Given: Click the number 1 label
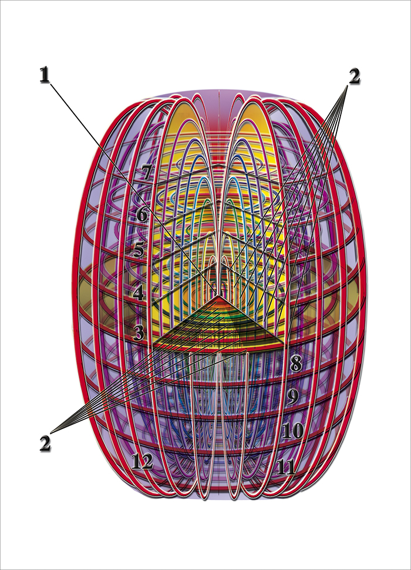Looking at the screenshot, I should pos(43,76).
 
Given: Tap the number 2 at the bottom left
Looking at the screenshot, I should pos(45,442).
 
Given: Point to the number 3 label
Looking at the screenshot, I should pos(139,333).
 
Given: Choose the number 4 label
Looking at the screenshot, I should pos(139,292).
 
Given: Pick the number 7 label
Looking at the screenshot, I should pos(147,172).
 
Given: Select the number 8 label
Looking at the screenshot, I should pos(295,363).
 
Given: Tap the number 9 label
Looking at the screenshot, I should pos(292,397).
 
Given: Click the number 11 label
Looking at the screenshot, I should pos(285,467).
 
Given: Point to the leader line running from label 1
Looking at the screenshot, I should pos(129,182).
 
